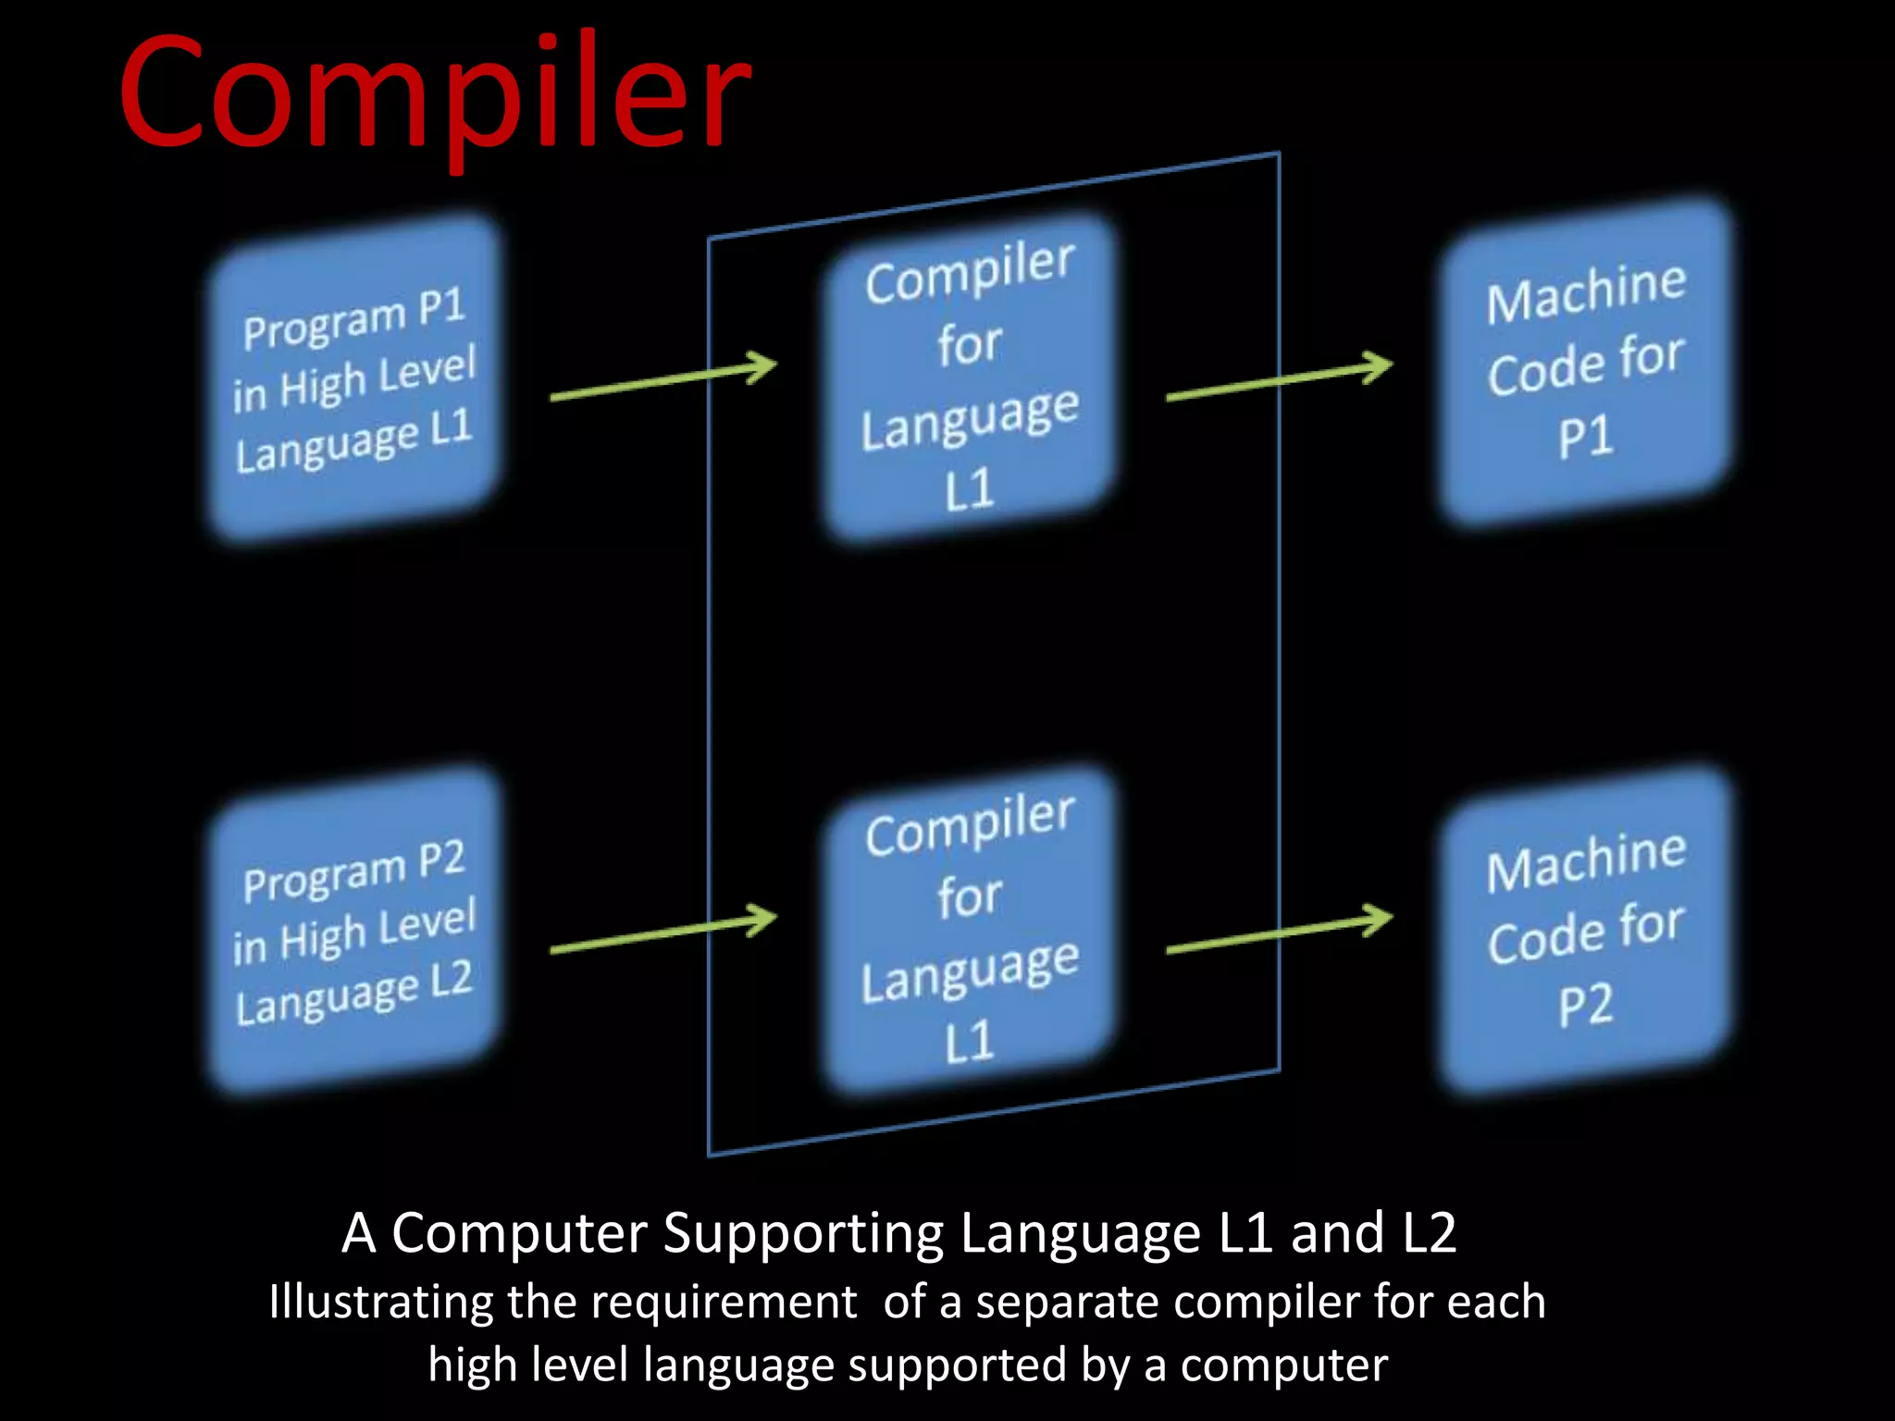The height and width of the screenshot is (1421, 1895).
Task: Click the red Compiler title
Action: (435, 93)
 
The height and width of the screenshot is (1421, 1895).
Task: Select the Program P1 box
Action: (354, 377)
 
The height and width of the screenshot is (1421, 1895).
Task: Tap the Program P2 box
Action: (354, 930)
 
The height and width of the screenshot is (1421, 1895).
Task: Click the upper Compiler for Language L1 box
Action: (970, 377)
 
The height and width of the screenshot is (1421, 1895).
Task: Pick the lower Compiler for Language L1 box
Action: (970, 930)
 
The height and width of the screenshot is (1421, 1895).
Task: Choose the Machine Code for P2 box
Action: (1585, 930)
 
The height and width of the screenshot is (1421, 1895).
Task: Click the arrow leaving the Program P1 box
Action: (663, 380)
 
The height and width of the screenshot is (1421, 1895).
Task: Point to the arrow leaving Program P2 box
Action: (663, 933)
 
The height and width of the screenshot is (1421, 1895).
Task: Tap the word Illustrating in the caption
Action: (380, 1303)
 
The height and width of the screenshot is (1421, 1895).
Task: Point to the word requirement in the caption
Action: (724, 1303)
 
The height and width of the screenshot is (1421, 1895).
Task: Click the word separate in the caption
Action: (1067, 1303)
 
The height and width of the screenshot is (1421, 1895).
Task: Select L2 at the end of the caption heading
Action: (1429, 1233)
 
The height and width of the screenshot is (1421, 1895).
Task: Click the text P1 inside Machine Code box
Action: (1585, 437)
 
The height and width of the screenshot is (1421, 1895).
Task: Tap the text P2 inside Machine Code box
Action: (1585, 1006)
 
